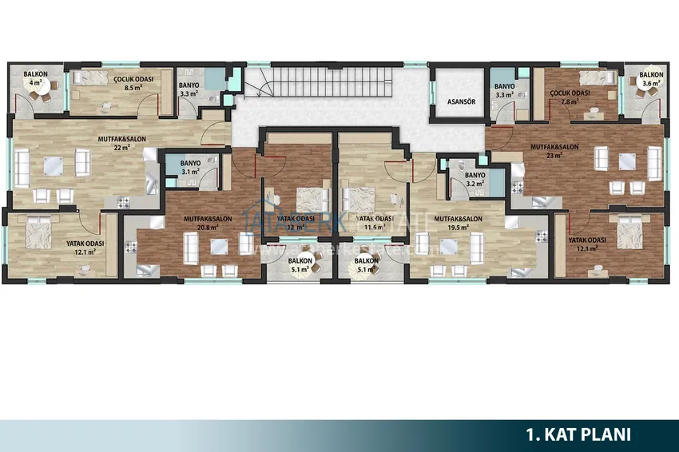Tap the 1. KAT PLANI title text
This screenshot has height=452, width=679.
coord(578,434)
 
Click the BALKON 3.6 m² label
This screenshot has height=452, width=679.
coord(649,78)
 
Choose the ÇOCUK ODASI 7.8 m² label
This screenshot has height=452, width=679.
coord(570,97)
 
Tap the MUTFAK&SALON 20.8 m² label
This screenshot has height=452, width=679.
coord(207,222)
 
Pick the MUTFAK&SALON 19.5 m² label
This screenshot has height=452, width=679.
coord(459,222)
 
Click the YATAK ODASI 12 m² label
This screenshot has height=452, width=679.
coord(296,223)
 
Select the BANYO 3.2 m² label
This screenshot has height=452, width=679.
coord(475,180)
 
